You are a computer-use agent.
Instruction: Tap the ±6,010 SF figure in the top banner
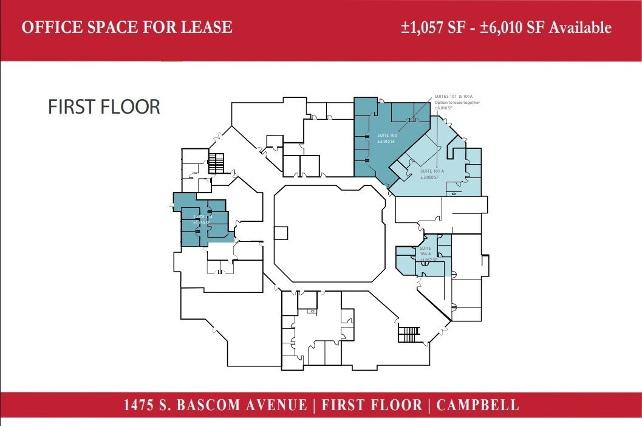click(508, 27)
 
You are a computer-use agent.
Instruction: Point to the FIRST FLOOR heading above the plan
click(104, 106)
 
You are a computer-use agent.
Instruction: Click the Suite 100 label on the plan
click(386, 134)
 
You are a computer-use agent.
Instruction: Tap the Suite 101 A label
click(432, 171)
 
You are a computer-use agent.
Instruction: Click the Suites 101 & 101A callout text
click(454, 97)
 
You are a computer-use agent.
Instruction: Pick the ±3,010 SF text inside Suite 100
click(386, 141)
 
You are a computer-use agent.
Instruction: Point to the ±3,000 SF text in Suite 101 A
click(429, 177)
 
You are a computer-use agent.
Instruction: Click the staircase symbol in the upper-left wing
click(216, 163)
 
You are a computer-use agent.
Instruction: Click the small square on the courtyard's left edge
click(281, 233)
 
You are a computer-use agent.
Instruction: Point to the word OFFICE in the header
click(49, 27)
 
